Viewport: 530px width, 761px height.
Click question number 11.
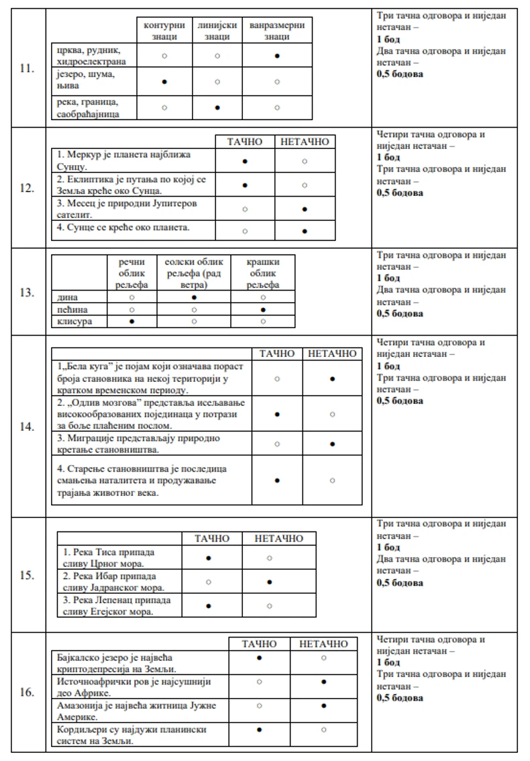tap(27, 68)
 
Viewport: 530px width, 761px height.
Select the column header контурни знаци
tap(164, 31)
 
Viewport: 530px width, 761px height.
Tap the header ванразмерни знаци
tap(276, 31)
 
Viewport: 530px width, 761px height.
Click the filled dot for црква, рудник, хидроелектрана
tap(276, 56)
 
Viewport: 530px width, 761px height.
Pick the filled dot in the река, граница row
tap(217, 107)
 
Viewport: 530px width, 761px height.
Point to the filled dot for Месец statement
tap(305, 209)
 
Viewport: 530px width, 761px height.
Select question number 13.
tap(27, 292)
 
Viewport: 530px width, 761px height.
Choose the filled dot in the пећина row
tap(262, 309)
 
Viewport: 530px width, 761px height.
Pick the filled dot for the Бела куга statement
tap(332, 379)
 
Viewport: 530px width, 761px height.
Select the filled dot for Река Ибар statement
tap(269, 581)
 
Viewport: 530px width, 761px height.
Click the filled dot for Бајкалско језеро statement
tap(260, 658)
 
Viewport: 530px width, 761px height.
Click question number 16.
tap(27, 693)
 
